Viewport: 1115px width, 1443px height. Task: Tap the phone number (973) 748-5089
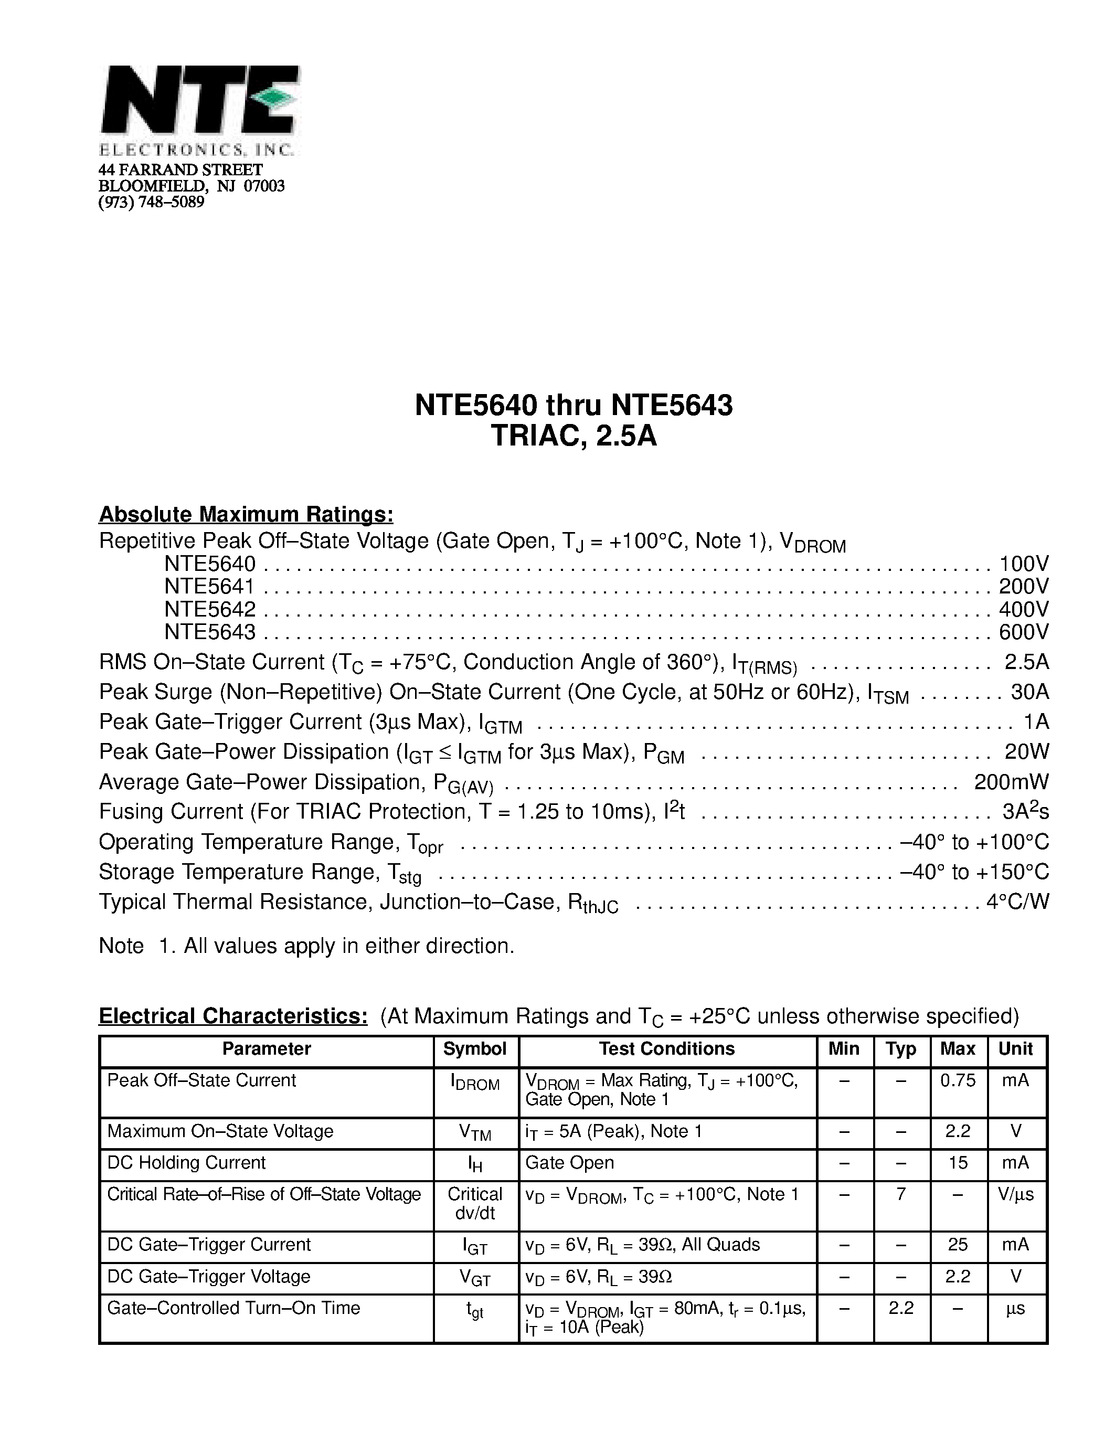pos(151,202)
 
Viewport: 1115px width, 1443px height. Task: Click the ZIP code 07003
pos(263,186)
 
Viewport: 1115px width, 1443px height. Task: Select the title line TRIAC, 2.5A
pos(574,436)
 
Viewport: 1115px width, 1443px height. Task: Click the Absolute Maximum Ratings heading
pos(246,514)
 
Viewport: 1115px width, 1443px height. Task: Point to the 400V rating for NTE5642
pos(1023,609)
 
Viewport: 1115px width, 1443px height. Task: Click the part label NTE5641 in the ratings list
pos(209,586)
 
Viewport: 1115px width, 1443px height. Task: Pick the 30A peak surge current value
pos(1029,692)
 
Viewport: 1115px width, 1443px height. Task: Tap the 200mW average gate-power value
pos(1011,782)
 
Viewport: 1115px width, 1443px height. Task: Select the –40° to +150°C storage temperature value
pos(974,872)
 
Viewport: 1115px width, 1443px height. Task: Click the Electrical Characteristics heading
pos(232,1015)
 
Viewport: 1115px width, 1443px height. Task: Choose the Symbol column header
pos(474,1048)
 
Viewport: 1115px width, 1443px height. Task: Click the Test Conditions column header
pos(666,1048)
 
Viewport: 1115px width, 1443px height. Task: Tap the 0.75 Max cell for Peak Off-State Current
pos(957,1080)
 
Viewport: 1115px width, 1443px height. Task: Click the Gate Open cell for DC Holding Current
pos(569,1163)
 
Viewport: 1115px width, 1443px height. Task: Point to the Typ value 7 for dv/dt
pos(900,1195)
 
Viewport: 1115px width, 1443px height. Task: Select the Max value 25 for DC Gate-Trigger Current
pos(957,1245)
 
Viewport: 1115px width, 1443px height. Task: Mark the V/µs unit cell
pos(1016,1195)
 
